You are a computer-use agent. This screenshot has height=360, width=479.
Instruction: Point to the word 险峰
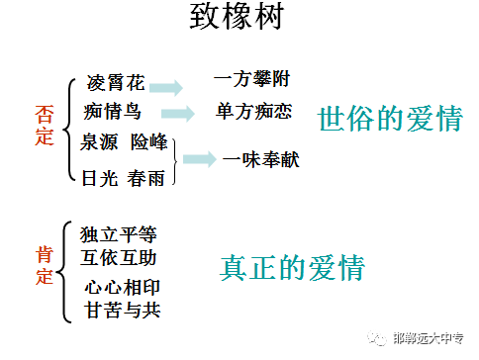coord(151,143)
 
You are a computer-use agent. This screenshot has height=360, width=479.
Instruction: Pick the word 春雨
coord(149,177)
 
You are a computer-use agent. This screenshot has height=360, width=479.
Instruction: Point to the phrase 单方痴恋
coord(253,112)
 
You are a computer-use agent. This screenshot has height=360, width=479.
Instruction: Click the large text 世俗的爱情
coord(390,119)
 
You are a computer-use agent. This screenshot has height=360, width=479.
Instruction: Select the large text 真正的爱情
coord(292,267)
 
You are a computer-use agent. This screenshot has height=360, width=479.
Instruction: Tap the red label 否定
coord(43,126)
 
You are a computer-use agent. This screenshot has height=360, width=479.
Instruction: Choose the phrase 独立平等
coord(118,235)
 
